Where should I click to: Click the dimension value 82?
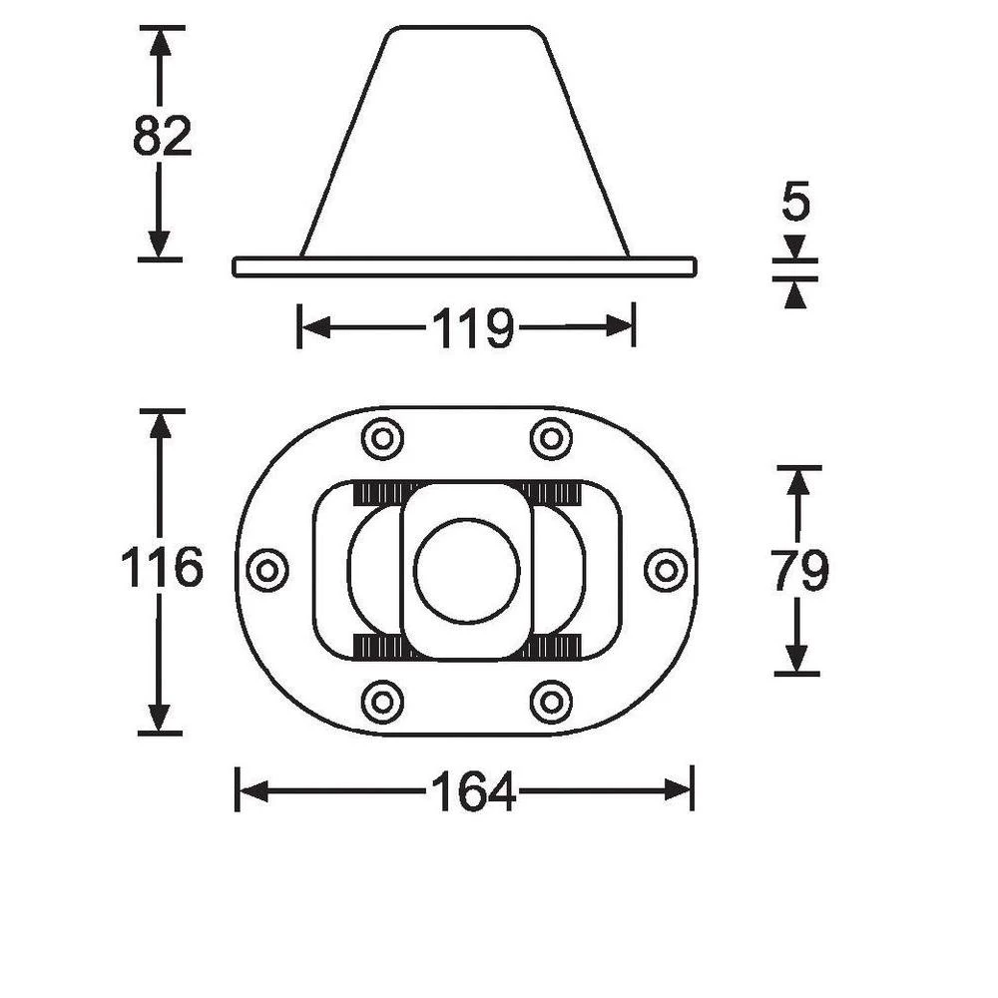click(x=162, y=138)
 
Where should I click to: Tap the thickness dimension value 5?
click(x=795, y=203)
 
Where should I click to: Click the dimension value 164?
click(x=473, y=793)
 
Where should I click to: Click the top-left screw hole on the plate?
click(x=382, y=439)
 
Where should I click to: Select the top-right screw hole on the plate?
click(x=551, y=439)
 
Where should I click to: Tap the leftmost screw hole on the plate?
click(x=266, y=571)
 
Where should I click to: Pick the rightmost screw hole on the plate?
click(x=666, y=571)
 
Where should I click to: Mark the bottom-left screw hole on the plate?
click(x=382, y=702)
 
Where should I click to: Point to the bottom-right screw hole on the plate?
click(x=551, y=702)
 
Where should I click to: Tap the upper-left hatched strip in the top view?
click(x=384, y=491)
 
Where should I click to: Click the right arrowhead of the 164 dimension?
click(x=679, y=792)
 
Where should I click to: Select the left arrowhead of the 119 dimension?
click(x=313, y=327)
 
